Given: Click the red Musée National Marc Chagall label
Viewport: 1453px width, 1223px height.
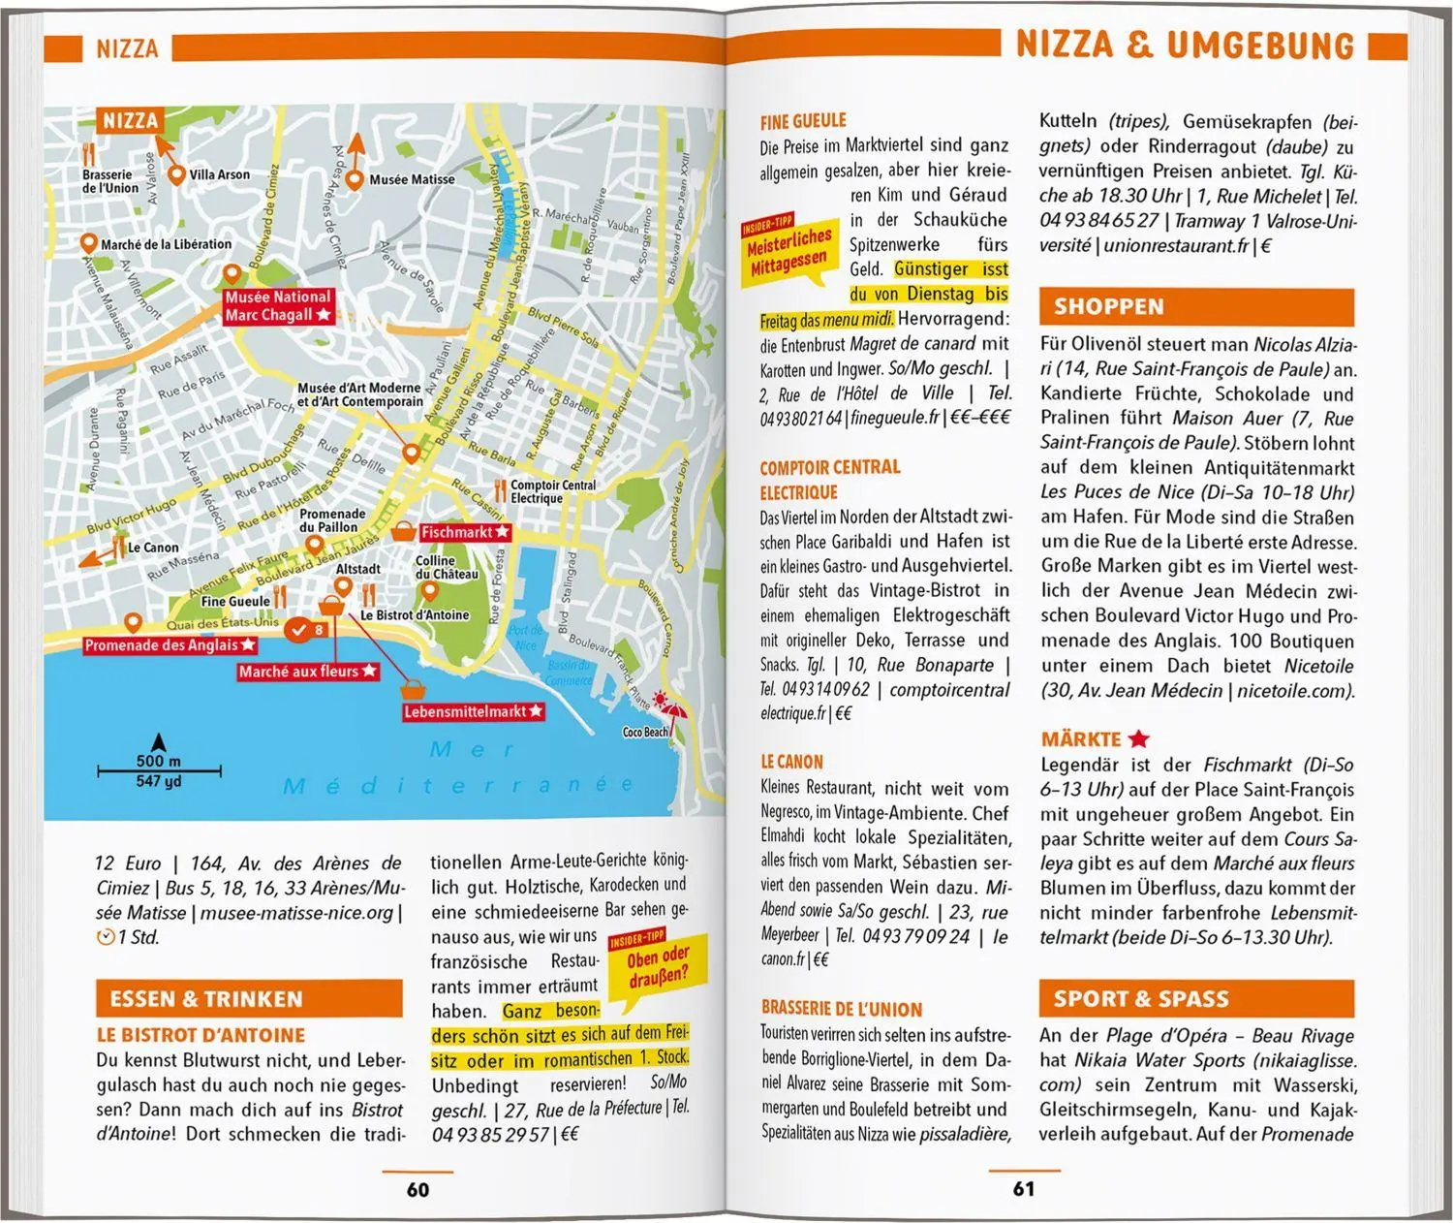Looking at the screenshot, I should click(278, 306).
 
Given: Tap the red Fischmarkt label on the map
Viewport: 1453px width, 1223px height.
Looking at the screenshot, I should click(464, 533).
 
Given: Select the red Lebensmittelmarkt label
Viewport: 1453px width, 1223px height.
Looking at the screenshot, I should click(473, 712).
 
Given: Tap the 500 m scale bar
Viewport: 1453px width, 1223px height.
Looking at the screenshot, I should click(159, 771).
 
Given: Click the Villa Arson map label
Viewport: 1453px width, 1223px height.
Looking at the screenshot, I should click(219, 175).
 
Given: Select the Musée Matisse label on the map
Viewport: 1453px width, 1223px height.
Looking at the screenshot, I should click(412, 179).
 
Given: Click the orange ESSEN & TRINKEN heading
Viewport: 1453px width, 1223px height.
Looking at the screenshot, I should click(249, 999).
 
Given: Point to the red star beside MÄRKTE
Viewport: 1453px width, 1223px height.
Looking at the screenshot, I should click(1139, 739).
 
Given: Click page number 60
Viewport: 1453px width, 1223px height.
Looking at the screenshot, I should click(417, 1189).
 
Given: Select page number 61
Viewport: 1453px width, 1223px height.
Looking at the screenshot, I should click(1024, 1189).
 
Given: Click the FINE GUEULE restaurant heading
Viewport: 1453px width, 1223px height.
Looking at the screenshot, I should click(803, 121).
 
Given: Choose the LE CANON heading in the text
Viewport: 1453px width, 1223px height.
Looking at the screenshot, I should click(791, 763).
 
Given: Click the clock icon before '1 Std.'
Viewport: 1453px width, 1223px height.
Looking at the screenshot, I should click(106, 937).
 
